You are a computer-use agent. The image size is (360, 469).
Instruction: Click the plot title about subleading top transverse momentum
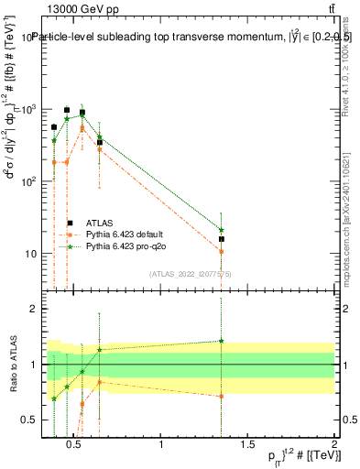click(x=183, y=38)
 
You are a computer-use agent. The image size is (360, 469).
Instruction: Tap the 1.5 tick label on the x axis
click(x=247, y=445)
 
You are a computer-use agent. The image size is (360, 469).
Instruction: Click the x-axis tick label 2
click(x=333, y=445)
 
